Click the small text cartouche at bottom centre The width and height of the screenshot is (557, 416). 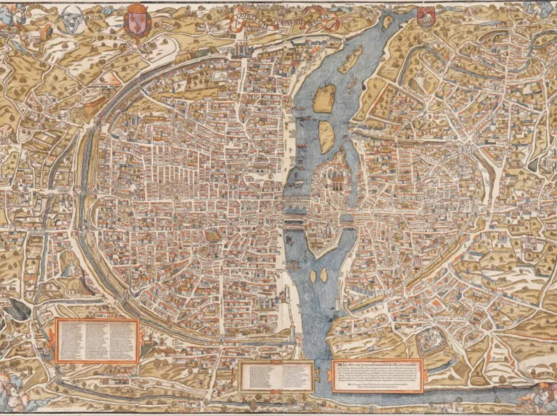pos(276,376)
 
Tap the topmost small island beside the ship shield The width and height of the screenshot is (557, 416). pos(387,22)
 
